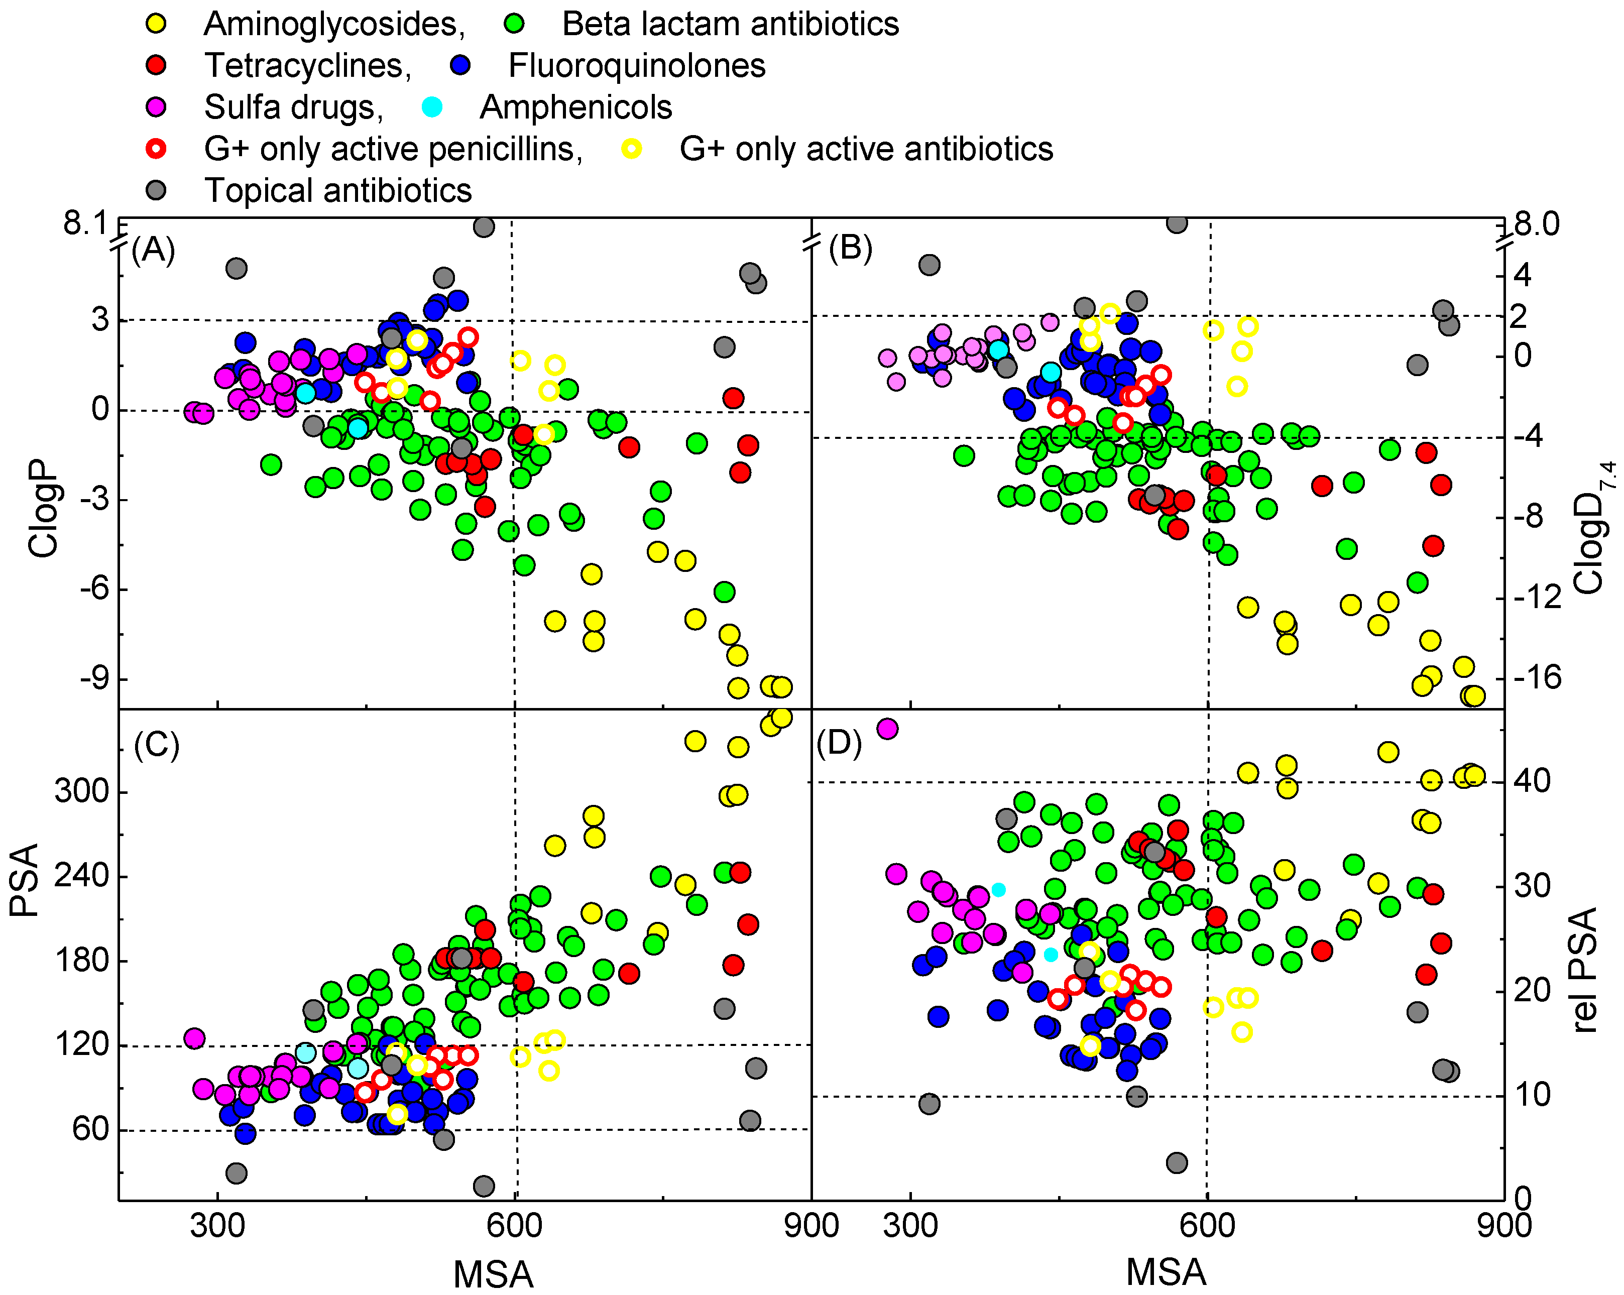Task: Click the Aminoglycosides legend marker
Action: tap(156, 24)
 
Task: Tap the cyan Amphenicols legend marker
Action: tap(432, 107)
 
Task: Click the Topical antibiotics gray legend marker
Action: tap(156, 190)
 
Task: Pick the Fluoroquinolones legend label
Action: tap(637, 66)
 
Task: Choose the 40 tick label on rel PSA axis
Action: tap(1532, 781)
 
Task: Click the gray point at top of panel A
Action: tap(484, 226)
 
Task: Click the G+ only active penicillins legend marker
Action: tap(156, 149)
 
